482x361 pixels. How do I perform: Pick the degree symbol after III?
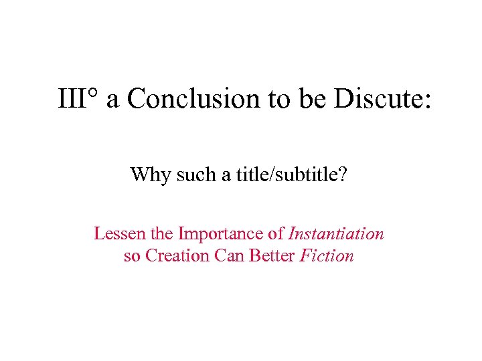[x=94, y=94]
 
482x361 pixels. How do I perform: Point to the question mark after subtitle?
[x=342, y=175]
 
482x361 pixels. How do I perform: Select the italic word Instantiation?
[x=336, y=234]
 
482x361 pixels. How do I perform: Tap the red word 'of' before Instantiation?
[x=276, y=234]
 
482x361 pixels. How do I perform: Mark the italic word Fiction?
[x=327, y=255]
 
